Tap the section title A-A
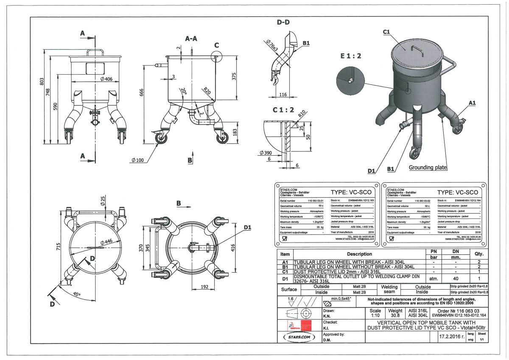(x=191, y=39)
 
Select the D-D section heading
(x=283, y=22)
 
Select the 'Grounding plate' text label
(x=428, y=167)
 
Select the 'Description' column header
(x=359, y=254)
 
